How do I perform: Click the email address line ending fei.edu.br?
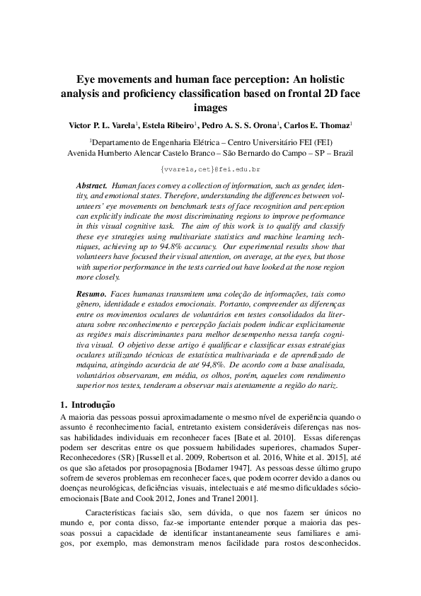click(x=210, y=170)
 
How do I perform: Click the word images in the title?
click(x=210, y=108)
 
